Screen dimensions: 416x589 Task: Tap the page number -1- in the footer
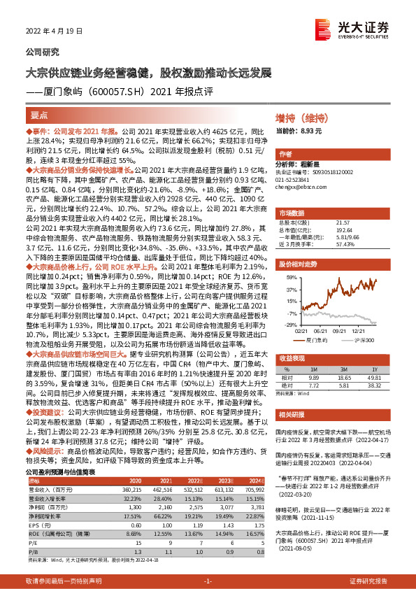point(208,581)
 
